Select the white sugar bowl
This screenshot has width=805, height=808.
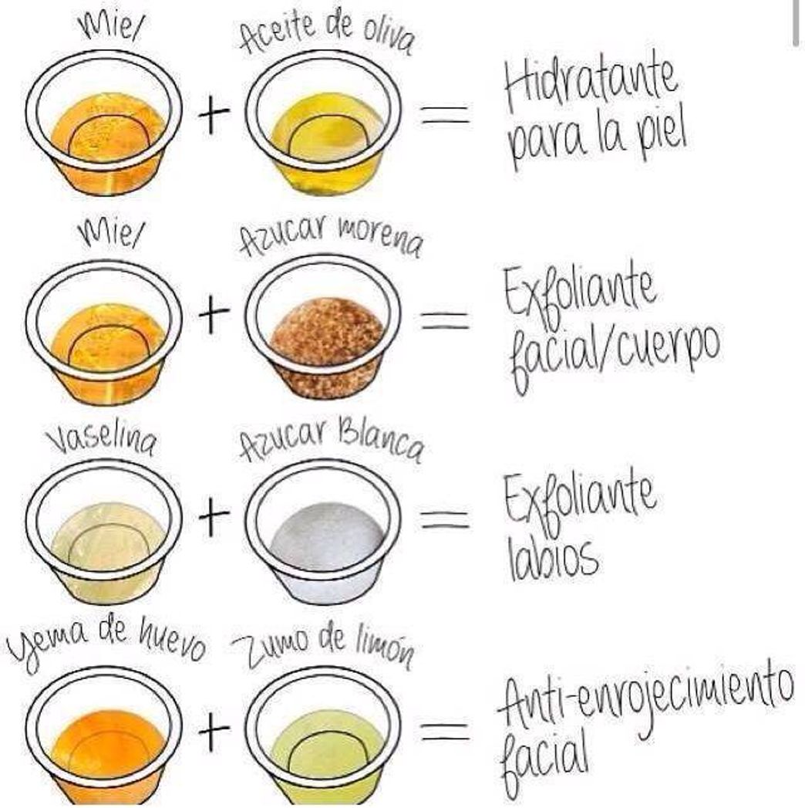point(323,531)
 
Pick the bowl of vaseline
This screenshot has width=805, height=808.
point(105,531)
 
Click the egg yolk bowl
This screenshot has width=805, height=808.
point(105,737)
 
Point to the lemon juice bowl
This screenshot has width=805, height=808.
point(323,737)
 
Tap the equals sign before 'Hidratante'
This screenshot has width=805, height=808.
point(446,114)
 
